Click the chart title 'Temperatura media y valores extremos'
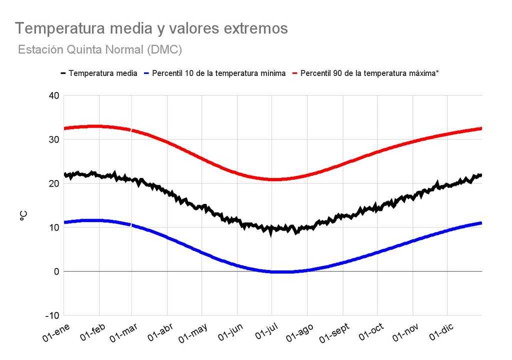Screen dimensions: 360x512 (151, 28)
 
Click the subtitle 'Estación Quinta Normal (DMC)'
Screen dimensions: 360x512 (99, 50)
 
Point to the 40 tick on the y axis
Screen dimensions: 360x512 (53, 95)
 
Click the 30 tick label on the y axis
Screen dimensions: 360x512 (53, 139)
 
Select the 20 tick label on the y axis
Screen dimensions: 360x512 (53, 183)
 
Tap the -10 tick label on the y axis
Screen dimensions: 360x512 (51, 315)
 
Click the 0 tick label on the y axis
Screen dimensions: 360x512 (56, 271)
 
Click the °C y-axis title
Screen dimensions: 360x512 (23, 216)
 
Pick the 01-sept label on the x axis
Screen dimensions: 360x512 (334, 334)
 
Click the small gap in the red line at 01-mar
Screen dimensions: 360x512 (131, 130)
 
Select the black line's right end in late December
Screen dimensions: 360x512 (480, 175)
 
